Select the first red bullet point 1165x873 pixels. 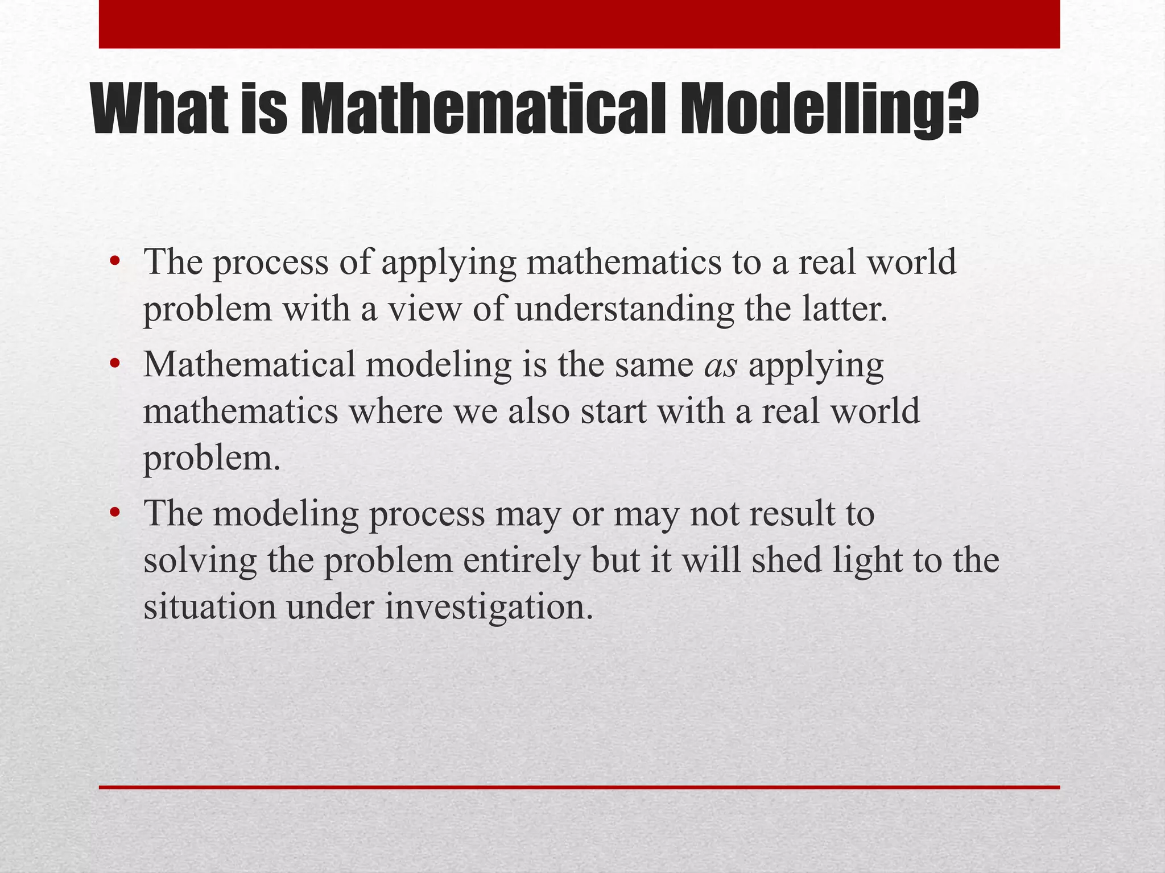click(x=115, y=262)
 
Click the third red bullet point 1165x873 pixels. click(x=115, y=513)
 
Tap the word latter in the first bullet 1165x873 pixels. click(x=844, y=310)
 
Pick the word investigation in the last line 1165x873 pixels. click(x=489, y=608)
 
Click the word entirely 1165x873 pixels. click(x=522, y=561)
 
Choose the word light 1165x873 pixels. click(x=867, y=561)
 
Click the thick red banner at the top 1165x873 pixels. click(x=579, y=24)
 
